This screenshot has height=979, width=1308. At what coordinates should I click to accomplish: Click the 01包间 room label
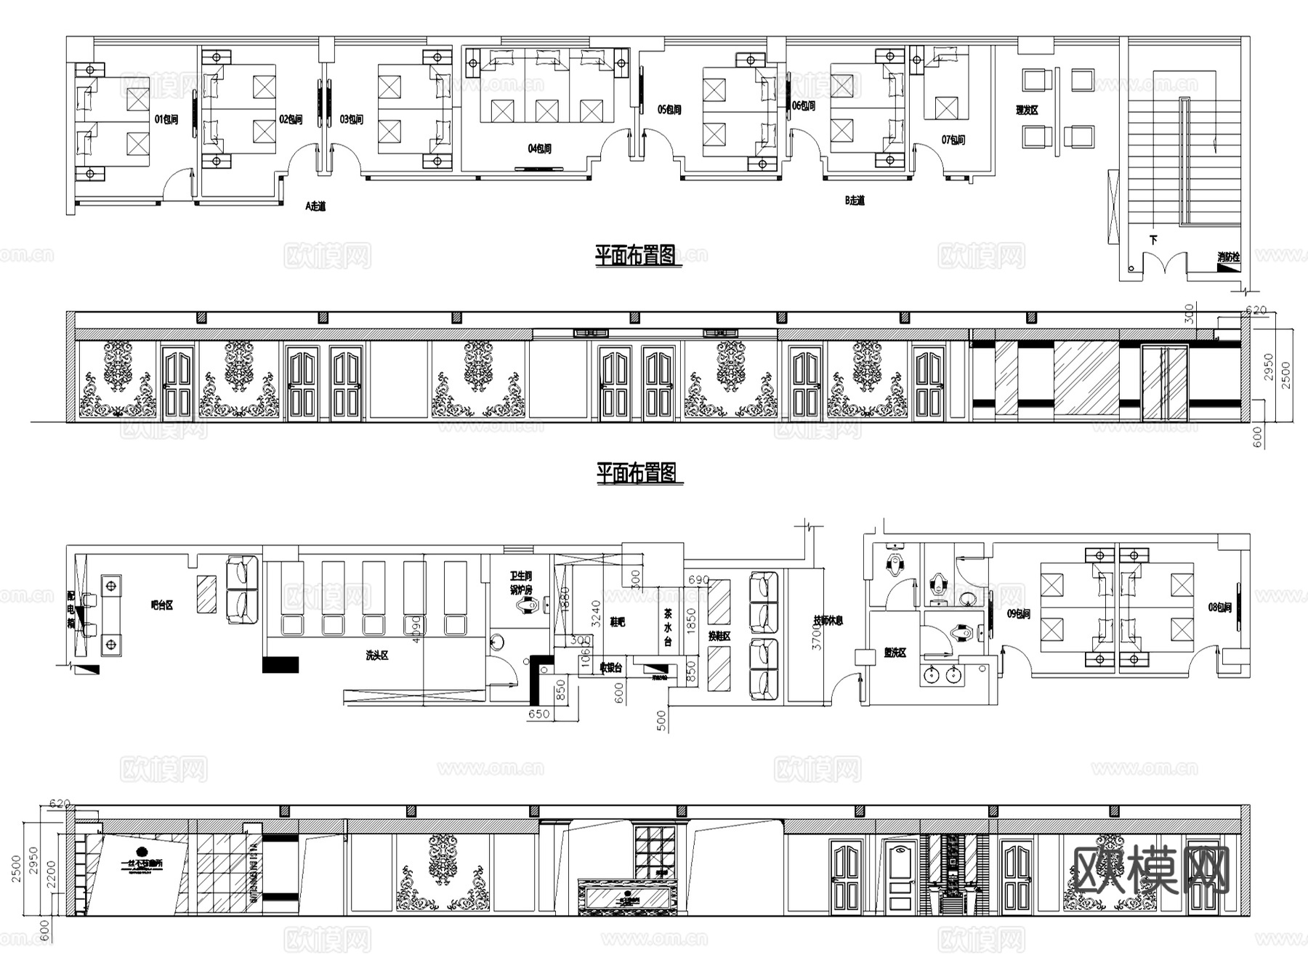point(166,120)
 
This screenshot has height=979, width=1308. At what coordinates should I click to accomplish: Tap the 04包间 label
point(539,149)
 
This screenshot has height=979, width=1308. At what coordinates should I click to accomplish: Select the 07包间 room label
point(953,140)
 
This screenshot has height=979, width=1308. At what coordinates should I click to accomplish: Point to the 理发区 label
point(1027,110)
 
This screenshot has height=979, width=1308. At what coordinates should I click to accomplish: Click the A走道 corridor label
point(315,206)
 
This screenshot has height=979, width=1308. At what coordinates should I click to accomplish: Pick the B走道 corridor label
point(855,201)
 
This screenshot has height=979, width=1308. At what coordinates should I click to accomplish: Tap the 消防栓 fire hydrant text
point(1228,257)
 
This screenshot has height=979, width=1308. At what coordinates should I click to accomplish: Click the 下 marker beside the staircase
point(1153,240)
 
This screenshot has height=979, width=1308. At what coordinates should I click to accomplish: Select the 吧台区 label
point(161,605)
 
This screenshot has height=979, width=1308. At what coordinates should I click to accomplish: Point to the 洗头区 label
point(376,656)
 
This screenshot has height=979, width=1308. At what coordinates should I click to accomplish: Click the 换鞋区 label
point(719,636)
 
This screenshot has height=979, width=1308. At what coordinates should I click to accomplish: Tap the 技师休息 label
point(828,621)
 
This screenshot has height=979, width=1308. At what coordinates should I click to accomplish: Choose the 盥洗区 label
point(895,653)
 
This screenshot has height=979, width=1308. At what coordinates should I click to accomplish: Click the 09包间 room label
point(1019,614)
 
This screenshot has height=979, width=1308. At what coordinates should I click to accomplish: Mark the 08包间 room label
point(1219,607)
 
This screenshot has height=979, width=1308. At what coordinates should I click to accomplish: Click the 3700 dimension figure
point(817,637)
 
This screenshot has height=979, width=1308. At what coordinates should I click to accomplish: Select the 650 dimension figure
point(538,714)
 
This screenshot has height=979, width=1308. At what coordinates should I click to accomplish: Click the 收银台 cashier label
point(610,667)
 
